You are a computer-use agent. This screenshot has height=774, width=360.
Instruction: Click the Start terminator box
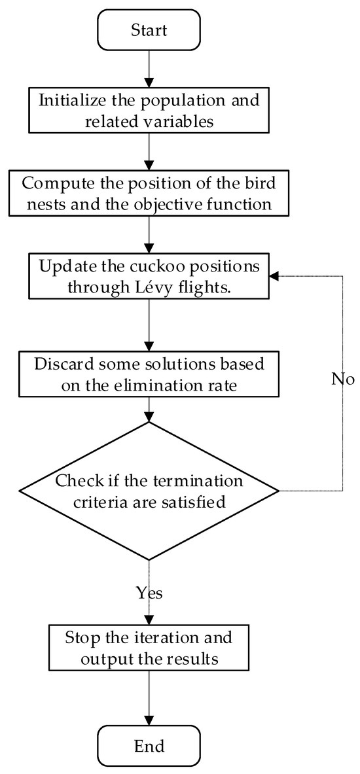pyautogui.click(x=149, y=30)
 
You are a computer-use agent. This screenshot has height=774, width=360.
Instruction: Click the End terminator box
pyautogui.click(x=149, y=746)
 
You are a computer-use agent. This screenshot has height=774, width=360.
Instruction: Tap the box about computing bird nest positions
pyautogui.click(x=149, y=194)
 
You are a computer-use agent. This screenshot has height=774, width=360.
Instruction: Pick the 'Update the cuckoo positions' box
pyautogui.click(x=149, y=277)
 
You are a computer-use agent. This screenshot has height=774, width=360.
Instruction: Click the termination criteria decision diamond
pyautogui.click(x=149, y=491)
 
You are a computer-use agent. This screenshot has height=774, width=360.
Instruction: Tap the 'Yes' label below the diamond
pyautogui.click(x=149, y=593)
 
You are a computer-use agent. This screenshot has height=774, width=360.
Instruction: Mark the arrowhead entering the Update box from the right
pyautogui.click(x=276, y=277)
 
